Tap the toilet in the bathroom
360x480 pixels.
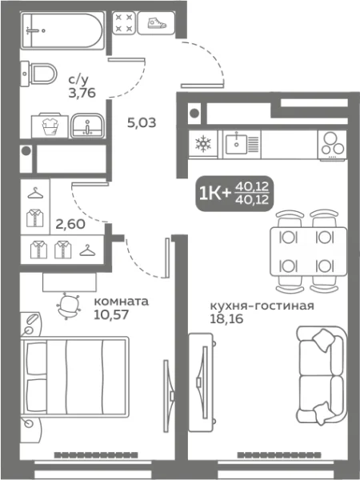pyautogui.click(x=40, y=74)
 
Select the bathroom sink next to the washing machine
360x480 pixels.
pyautogui.click(x=85, y=125)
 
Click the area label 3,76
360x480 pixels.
pyautogui.click(x=79, y=91)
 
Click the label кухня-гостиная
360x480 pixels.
pyautogui.click(x=261, y=306)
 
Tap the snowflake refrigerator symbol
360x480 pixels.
pyautogui.click(x=202, y=145)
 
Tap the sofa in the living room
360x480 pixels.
pyautogui.click(x=320, y=368)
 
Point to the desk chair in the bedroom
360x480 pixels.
pyautogui.click(x=70, y=305)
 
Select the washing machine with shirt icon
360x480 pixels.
pyautogui.click(x=46, y=125)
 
